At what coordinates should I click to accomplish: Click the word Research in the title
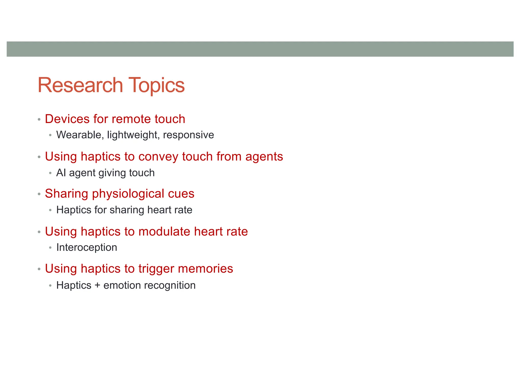(x=80, y=85)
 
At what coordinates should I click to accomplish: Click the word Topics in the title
(x=156, y=86)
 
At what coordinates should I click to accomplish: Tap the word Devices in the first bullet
(x=67, y=119)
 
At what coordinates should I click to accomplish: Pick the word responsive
(x=189, y=135)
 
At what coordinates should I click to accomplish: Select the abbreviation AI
(x=61, y=173)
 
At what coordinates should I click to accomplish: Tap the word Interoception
(x=87, y=248)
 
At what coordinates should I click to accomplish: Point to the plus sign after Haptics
(x=97, y=285)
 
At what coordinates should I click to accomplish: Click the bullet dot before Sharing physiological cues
(x=39, y=194)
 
